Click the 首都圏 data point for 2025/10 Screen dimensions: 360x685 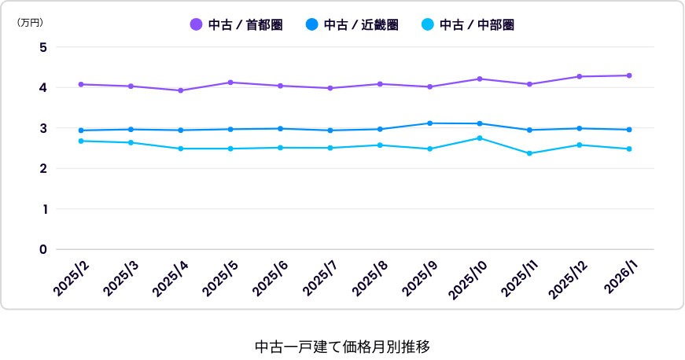(x=480, y=79)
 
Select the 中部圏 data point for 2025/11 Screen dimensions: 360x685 (x=529, y=153)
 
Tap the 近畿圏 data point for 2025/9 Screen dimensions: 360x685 (x=429, y=123)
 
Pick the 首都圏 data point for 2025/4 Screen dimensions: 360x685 (x=181, y=90)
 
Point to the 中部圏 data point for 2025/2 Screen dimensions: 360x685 (x=81, y=141)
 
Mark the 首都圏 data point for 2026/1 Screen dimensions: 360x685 (x=629, y=75)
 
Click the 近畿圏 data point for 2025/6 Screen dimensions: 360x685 (x=281, y=128)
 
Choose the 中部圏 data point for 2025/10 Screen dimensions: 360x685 (x=480, y=138)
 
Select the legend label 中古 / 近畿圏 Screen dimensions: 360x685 (x=361, y=25)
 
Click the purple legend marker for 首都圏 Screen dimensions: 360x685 (x=196, y=25)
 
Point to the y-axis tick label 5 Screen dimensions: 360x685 (x=43, y=47)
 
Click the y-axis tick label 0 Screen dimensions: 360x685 (x=43, y=250)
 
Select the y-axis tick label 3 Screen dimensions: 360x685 (x=43, y=128)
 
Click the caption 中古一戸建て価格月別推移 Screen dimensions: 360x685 (x=342, y=346)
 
